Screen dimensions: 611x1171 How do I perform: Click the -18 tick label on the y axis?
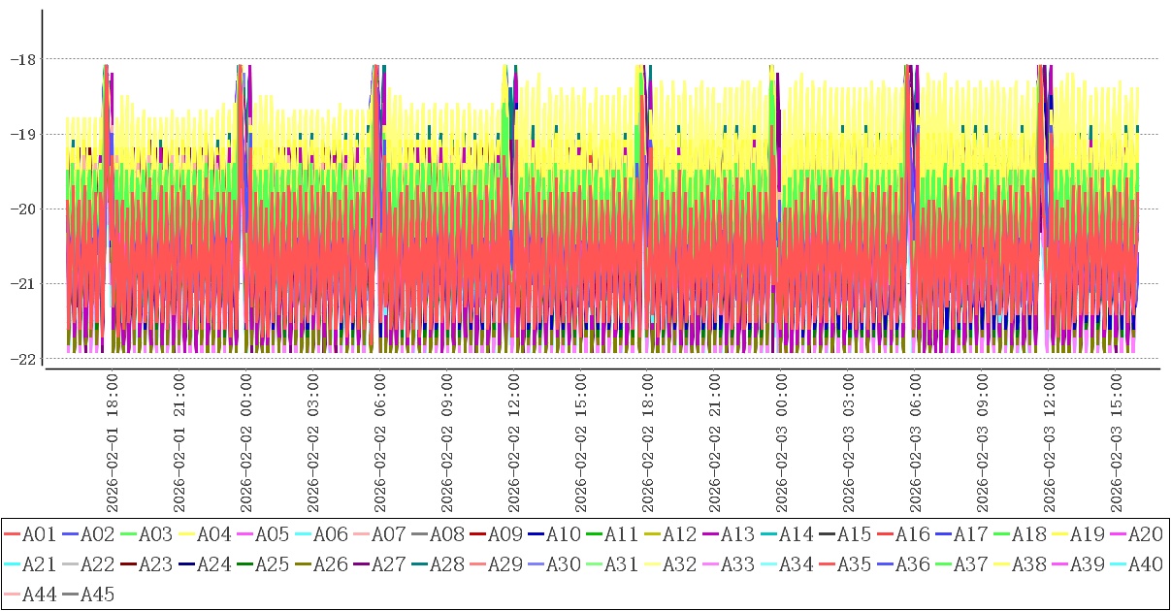tap(22, 59)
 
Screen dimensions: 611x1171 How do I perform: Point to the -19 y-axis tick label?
tap(22, 134)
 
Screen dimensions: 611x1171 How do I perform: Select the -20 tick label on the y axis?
tap(22, 209)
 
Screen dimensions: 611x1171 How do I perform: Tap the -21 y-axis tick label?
tap(22, 283)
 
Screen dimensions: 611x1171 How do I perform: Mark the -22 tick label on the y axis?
tap(22, 359)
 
